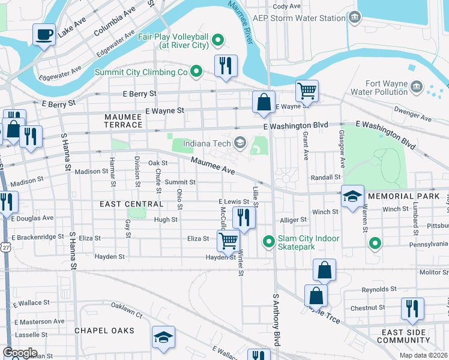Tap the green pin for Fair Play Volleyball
point(218,41)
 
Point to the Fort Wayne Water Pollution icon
point(416,88)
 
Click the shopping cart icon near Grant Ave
point(307,91)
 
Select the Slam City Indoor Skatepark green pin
point(268,242)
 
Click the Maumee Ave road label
point(212,166)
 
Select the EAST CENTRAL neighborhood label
point(131,204)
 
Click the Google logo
point(20,353)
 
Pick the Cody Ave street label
point(286,6)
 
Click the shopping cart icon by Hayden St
point(228,241)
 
